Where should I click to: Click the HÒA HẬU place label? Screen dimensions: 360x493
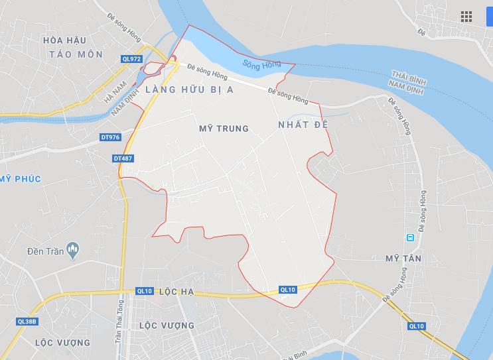(x=66, y=40)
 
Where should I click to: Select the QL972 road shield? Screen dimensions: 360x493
(x=132, y=59)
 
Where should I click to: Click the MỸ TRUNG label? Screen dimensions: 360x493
(x=224, y=129)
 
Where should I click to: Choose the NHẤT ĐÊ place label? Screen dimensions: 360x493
(x=304, y=125)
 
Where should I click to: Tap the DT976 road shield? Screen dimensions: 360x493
(x=110, y=137)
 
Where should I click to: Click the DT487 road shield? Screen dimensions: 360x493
(x=123, y=158)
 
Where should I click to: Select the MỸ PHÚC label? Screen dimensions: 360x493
(x=21, y=179)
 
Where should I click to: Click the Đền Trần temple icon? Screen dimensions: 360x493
(x=72, y=251)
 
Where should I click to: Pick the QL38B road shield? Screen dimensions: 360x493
(x=28, y=321)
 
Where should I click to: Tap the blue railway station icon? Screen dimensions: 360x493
(x=411, y=237)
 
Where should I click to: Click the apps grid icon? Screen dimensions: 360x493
(x=466, y=17)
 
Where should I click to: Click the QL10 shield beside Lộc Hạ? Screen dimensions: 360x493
(x=144, y=291)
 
